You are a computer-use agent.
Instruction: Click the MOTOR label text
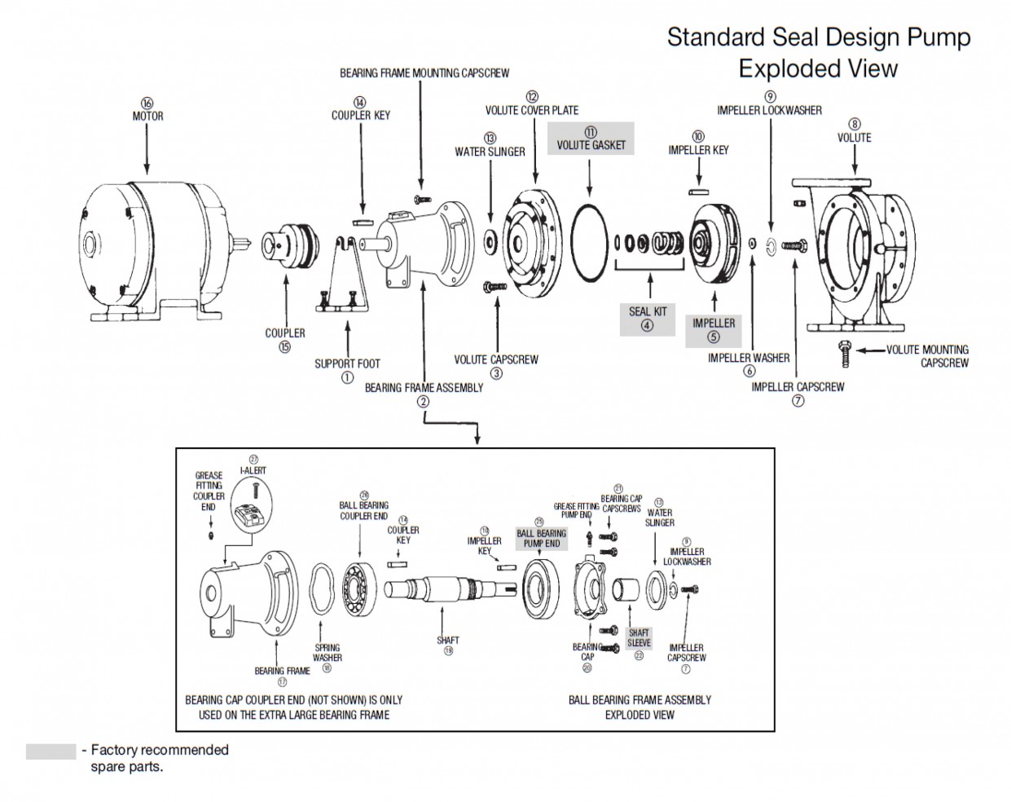tap(147, 116)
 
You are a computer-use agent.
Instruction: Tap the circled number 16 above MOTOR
tap(147, 104)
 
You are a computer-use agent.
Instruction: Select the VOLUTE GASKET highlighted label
tap(591, 145)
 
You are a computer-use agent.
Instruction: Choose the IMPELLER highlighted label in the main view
tap(714, 323)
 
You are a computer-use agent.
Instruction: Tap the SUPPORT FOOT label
tap(347, 364)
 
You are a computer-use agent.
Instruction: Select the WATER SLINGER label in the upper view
tap(490, 152)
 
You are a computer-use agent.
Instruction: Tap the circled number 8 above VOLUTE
tap(855, 125)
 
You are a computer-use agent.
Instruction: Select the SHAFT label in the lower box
tap(448, 640)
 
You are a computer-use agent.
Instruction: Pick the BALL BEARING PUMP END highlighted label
tap(541, 539)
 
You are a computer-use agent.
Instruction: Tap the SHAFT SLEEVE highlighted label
tap(639, 637)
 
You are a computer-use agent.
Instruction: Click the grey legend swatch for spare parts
tap(51, 751)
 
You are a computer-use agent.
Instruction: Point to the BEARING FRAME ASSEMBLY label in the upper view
tap(424, 387)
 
